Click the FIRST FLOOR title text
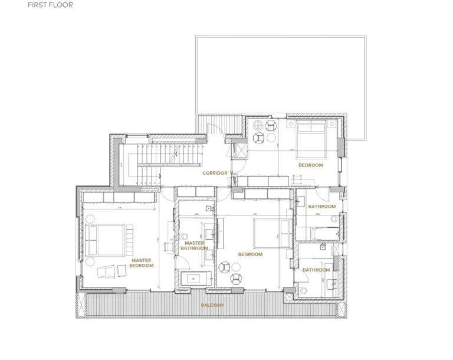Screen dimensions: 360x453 click(x=50, y=5)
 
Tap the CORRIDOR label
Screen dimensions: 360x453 click(x=215, y=173)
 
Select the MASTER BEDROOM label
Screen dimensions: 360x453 click(x=142, y=263)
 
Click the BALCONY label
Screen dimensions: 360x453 click(x=212, y=305)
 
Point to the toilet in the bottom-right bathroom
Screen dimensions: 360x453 click(x=303, y=290)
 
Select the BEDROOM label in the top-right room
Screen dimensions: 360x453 click(x=310, y=165)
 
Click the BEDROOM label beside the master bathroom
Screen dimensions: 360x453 click(x=250, y=254)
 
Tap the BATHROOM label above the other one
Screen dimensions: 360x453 click(x=322, y=207)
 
